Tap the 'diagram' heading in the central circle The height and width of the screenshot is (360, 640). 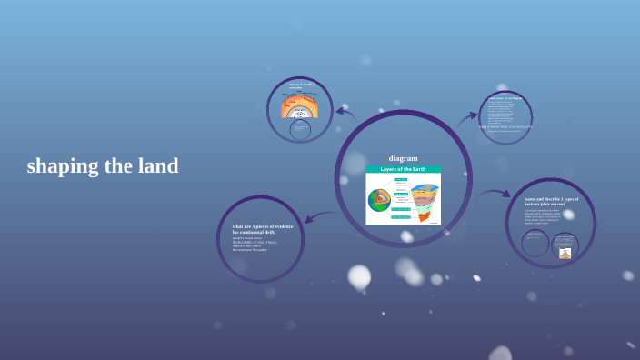point(403,158)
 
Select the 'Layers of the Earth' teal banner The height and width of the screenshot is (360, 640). point(403,169)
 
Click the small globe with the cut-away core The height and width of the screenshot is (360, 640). point(379,199)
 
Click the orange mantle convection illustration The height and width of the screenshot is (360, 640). point(300,100)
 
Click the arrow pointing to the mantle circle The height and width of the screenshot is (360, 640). point(345,113)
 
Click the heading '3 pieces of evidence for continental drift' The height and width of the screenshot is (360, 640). point(261,229)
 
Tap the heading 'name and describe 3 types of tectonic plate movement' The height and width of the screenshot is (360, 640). point(551,201)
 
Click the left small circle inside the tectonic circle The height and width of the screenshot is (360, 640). point(535,243)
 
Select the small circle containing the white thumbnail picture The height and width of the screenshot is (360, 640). point(565,246)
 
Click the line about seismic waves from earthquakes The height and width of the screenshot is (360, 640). point(505,126)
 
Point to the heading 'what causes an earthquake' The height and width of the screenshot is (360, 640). point(505,98)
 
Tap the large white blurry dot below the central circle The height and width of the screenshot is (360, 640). point(359,275)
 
